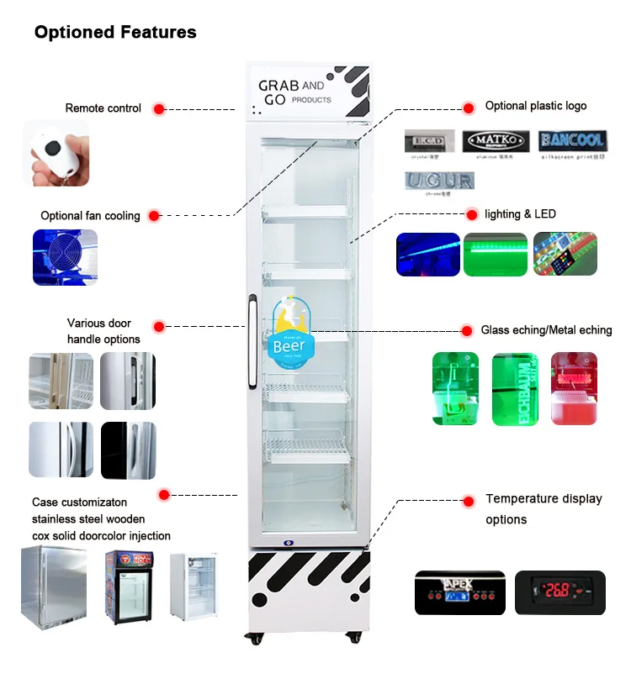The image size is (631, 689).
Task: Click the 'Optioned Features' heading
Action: pyautogui.click(x=115, y=33)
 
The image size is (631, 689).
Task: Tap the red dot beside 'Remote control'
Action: pyautogui.click(x=159, y=108)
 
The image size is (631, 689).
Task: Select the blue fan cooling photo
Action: pyautogui.click(x=70, y=255)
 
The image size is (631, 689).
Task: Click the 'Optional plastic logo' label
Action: pyautogui.click(x=536, y=106)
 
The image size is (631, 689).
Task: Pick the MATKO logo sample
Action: pyautogui.click(x=496, y=140)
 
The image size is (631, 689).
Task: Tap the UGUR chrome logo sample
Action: pyautogui.click(x=439, y=181)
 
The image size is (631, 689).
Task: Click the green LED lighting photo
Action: pyautogui.click(x=496, y=254)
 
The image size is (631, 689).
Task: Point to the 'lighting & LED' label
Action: pyautogui.click(x=520, y=214)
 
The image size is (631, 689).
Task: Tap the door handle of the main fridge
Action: pyautogui.click(x=252, y=344)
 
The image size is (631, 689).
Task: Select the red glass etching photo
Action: pyautogui.click(x=574, y=387)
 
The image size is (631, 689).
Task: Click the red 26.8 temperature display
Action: pyautogui.click(x=559, y=592)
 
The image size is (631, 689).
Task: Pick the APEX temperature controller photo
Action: pyautogui.click(x=459, y=592)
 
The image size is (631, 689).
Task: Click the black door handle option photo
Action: pyautogui.click(x=129, y=450)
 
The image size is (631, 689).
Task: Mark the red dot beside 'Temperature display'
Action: pyautogui.click(x=468, y=501)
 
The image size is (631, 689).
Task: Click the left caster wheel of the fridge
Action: pyautogui.click(x=254, y=639)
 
